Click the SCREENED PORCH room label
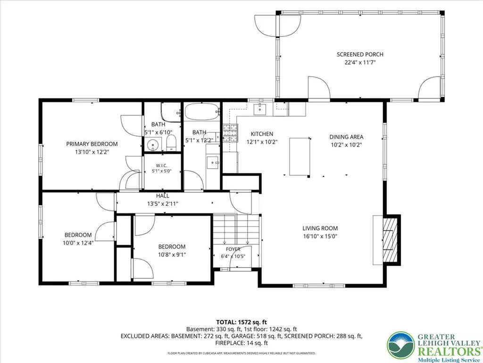[360, 55]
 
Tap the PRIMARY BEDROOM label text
[92, 144]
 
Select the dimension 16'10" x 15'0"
[320, 236]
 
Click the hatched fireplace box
[390, 239]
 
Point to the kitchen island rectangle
[300, 157]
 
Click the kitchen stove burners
[230, 133]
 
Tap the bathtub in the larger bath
[202, 112]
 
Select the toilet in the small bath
[171, 143]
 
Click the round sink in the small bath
[152, 145]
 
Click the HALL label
[162, 196]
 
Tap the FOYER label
[233, 249]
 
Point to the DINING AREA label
[346, 137]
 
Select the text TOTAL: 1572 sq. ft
[241, 322]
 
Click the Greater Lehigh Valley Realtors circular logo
[401, 345]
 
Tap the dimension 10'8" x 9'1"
[172, 255]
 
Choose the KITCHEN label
[262, 134]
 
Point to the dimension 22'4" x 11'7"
[360, 63]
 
